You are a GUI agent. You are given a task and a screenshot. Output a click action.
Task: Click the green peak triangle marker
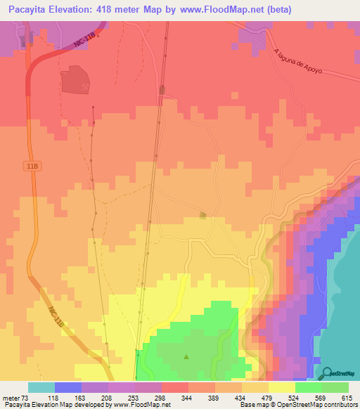pyautogui.click(x=186, y=356)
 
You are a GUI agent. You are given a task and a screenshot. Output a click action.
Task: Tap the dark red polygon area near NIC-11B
pyautogui.click(x=75, y=80)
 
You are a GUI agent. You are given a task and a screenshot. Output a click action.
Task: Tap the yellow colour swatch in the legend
pyautogui.click(x=281, y=387)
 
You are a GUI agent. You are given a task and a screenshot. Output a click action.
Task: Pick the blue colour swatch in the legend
pyautogui.click(x=67, y=387)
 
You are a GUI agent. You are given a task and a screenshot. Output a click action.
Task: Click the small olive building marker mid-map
pyautogui.click(x=203, y=215)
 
